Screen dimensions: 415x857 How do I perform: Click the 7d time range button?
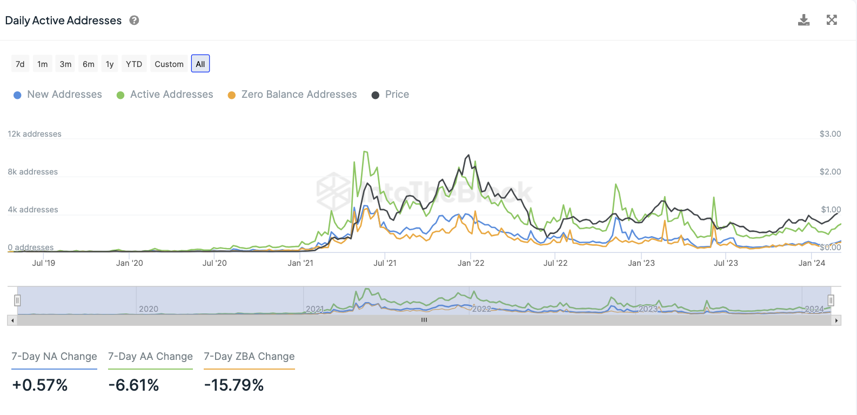click(x=20, y=64)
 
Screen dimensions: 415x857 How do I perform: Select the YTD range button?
click(x=134, y=64)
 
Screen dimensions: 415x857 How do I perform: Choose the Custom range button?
click(x=169, y=64)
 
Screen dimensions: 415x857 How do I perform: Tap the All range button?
click(x=200, y=64)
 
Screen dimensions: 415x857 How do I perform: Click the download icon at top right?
click(x=804, y=21)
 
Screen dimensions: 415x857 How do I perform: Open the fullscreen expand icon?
click(x=832, y=21)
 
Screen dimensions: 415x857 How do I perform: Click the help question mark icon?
click(x=135, y=21)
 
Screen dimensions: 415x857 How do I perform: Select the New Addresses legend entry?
click(x=64, y=95)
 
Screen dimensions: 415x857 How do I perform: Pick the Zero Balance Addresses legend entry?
click(x=299, y=95)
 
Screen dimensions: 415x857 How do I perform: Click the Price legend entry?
click(x=397, y=95)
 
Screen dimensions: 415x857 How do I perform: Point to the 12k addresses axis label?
click(x=35, y=134)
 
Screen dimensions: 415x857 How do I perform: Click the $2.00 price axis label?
click(x=830, y=172)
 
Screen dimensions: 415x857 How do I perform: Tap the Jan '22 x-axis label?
click(x=471, y=263)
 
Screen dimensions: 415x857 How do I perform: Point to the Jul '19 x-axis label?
click(x=44, y=263)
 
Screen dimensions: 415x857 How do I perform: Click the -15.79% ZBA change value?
click(x=234, y=385)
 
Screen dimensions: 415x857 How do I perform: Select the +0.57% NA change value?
click(x=40, y=385)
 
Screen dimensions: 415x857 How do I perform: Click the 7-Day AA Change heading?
click(x=150, y=357)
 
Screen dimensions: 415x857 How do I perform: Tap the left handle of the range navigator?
click(x=17, y=300)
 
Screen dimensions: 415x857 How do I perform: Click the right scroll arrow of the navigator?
click(x=836, y=320)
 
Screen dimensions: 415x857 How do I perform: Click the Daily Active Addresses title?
click(x=63, y=21)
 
